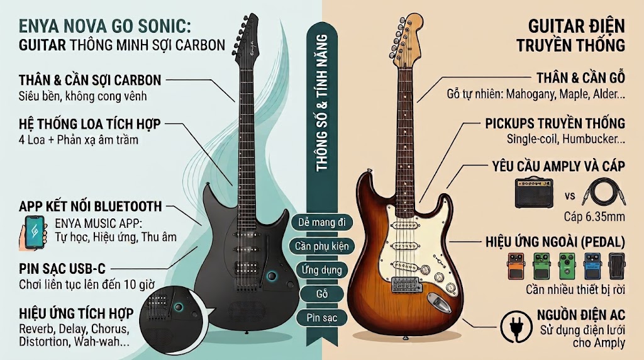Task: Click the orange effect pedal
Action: pos(516,266)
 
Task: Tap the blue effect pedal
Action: pos(592,266)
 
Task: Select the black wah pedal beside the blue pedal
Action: pos(616,266)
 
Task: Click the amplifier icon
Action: pos(534,193)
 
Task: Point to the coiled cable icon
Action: pos(602,192)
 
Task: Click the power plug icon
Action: pos(515,327)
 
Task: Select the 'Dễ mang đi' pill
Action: pos(322,222)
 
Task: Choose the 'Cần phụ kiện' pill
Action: pos(322,246)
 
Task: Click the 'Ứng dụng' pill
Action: pos(322,270)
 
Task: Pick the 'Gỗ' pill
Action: pos(322,294)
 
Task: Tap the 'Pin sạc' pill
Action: pos(322,318)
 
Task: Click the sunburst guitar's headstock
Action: pos(407,40)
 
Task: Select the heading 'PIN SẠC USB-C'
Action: pos(62,269)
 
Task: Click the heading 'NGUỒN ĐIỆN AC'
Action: pos(580,315)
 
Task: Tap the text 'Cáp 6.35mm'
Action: pos(594,217)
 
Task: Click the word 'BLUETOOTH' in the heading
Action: pos(128,206)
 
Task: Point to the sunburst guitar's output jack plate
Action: pos(438,302)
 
